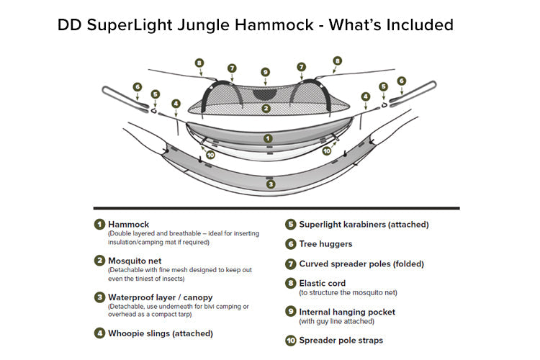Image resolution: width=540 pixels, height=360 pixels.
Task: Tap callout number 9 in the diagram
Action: (266, 72)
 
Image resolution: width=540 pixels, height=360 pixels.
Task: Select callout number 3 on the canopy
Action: (270, 184)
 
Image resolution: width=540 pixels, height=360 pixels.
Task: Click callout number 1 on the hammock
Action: (267, 137)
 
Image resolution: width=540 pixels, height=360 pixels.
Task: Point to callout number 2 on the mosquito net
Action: (266, 109)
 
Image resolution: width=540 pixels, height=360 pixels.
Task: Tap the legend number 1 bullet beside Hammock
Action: (99, 225)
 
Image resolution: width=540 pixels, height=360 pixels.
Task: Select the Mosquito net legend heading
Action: (136, 261)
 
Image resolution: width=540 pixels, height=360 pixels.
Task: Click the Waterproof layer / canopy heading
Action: (160, 297)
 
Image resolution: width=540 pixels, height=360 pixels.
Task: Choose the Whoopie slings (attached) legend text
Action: (160, 333)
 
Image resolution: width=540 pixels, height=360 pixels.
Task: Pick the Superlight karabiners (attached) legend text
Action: (364, 225)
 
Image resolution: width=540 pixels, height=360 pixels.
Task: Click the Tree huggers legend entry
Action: (325, 245)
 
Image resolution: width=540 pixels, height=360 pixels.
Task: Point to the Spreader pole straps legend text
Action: (341, 341)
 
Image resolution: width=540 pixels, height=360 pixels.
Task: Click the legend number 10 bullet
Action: (290, 341)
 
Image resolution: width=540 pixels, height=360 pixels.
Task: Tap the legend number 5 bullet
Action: (290, 225)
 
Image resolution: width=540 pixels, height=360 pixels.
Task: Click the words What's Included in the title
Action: (390, 24)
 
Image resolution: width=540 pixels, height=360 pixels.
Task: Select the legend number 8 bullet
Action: (290, 284)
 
